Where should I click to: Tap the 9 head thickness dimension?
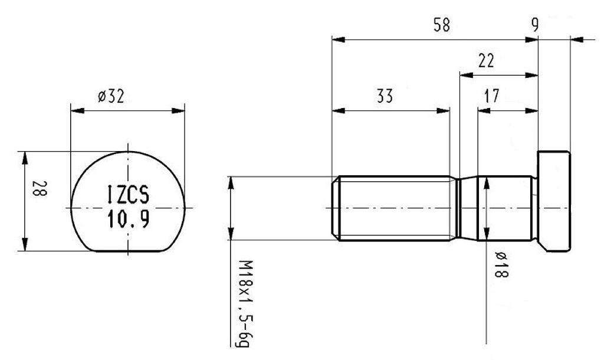tap(534, 25)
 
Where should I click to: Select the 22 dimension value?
tap(487, 61)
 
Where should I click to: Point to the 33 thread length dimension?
tap(385, 96)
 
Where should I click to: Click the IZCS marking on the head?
tap(129, 194)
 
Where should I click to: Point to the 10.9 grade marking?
tap(129, 220)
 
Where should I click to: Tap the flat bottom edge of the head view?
tap(129, 251)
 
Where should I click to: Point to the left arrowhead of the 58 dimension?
tap(336, 40)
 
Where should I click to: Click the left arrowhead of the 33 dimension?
tap(336, 110)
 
